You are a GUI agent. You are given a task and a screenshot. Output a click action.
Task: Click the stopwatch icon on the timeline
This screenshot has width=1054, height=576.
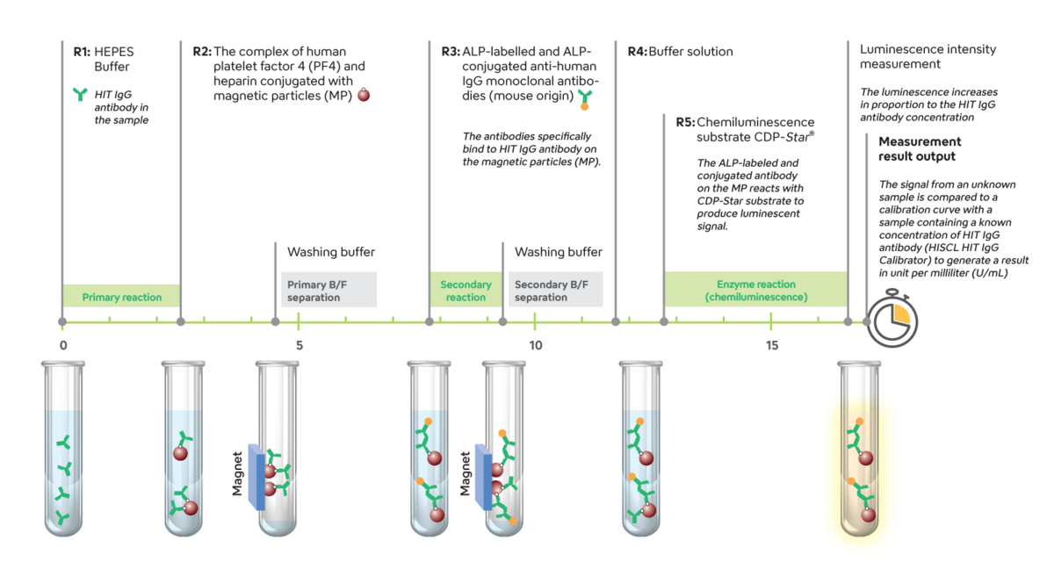(892, 321)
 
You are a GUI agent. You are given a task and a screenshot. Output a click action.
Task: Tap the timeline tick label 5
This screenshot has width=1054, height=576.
(300, 345)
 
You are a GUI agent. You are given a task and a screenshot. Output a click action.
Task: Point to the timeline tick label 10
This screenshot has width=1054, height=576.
(535, 345)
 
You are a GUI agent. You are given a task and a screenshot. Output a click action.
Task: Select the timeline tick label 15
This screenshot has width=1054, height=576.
(771, 345)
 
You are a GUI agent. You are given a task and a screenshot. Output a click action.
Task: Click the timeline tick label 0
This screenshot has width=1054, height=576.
(63, 345)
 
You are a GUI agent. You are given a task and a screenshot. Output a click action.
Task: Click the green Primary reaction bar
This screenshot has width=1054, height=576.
(121, 297)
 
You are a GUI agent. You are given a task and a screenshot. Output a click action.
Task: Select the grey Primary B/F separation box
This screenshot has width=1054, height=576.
(328, 290)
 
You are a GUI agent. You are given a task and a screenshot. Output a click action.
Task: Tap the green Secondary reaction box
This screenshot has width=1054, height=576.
(466, 290)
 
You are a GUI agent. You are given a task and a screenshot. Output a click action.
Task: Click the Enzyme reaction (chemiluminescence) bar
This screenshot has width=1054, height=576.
(755, 290)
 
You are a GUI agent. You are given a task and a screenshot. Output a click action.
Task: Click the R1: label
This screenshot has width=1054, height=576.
(82, 51)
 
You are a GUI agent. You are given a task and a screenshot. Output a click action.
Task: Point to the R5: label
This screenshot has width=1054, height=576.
(685, 122)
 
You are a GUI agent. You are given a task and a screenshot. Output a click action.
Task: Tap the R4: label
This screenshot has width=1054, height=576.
(637, 51)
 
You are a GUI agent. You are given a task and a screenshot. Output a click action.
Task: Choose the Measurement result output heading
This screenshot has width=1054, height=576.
(920, 148)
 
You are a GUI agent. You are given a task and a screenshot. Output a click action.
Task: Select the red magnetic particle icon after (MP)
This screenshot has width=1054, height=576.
(364, 95)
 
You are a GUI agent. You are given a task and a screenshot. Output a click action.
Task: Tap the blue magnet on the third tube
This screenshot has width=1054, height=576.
(256, 477)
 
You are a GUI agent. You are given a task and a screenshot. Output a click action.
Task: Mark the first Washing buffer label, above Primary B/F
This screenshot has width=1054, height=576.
(331, 252)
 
